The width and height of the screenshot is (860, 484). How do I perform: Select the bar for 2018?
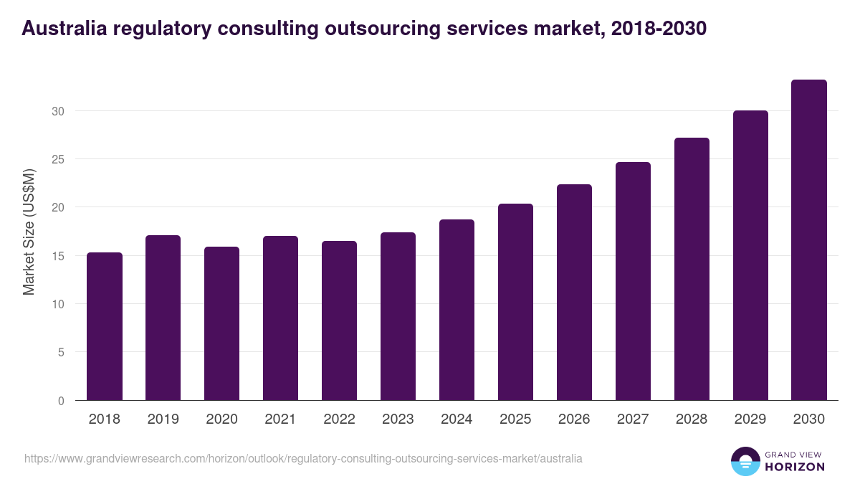pyautogui.click(x=105, y=326)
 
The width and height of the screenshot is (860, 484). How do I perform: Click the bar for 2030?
pyautogui.click(x=809, y=240)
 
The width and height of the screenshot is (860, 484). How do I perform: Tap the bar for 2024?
pyautogui.click(x=457, y=310)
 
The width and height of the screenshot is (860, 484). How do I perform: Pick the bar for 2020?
pyautogui.click(x=221, y=323)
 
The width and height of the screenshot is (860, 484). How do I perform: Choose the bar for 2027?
pyautogui.click(x=633, y=281)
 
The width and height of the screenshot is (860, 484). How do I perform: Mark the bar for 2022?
pyautogui.click(x=339, y=321)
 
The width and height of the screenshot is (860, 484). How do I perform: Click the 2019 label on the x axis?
pyautogui.click(x=163, y=419)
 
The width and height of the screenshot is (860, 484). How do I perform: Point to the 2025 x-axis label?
pyautogui.click(x=515, y=419)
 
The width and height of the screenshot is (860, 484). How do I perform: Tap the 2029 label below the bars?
pyautogui.click(x=750, y=419)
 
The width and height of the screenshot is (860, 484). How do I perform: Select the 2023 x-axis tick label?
pyautogui.click(x=398, y=419)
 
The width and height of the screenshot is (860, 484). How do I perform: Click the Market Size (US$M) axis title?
pyautogui.click(x=29, y=231)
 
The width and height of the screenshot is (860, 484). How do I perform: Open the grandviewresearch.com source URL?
pyautogui.click(x=303, y=458)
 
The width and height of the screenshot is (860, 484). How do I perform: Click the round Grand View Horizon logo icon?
pyautogui.click(x=745, y=461)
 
